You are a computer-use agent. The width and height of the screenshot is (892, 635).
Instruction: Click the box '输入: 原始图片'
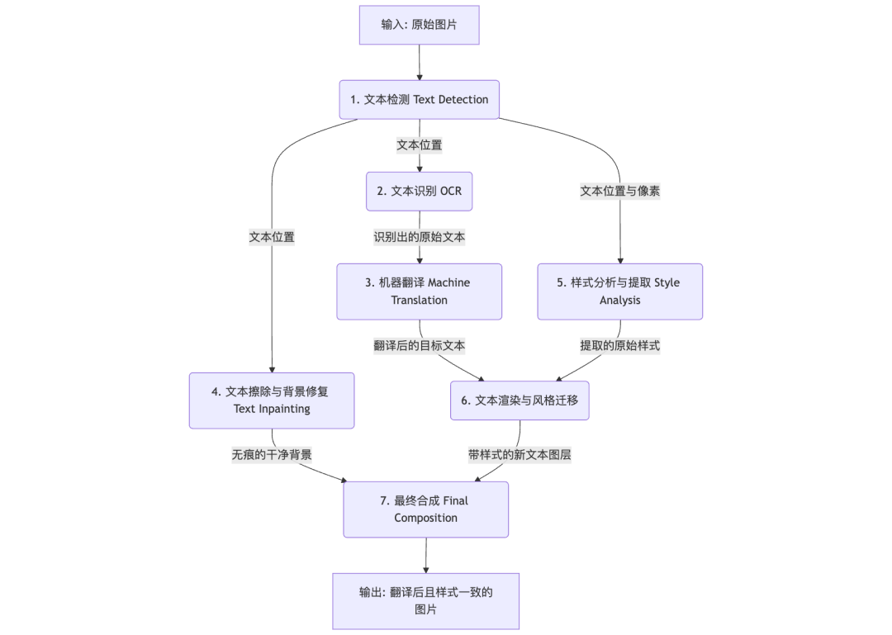point(419,25)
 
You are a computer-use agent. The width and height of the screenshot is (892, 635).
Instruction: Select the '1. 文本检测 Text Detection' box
point(419,99)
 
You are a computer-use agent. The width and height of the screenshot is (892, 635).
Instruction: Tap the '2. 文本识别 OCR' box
point(419,191)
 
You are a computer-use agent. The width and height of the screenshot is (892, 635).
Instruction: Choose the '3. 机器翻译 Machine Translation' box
point(419,291)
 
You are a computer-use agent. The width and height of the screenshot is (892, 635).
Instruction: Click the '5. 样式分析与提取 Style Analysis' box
point(619,291)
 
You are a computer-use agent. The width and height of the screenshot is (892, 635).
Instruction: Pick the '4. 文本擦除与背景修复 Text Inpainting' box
point(272,400)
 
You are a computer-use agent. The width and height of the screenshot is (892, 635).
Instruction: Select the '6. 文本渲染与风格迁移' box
point(520,400)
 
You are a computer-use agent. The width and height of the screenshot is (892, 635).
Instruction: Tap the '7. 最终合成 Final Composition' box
point(425,509)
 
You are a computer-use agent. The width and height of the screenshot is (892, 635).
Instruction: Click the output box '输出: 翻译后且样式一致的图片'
point(425,601)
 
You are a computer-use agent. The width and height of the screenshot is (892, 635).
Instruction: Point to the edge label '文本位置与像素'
point(619,191)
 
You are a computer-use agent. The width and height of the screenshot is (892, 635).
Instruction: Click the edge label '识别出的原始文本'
point(419,237)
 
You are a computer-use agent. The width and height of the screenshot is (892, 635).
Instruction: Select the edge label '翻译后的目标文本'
point(419,346)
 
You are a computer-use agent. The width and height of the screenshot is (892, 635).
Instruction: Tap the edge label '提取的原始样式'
point(619,346)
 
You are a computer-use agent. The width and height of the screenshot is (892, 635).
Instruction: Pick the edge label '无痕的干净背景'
point(272,454)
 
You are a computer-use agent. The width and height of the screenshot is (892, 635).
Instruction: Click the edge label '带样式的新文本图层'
point(520,454)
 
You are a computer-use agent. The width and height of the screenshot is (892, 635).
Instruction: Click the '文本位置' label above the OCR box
point(419,145)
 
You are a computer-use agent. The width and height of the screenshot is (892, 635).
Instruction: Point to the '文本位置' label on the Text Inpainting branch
point(272,237)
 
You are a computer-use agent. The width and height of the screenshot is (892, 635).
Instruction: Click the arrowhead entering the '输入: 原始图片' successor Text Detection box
point(420,76)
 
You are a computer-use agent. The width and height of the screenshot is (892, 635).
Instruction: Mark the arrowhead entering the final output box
point(426,569)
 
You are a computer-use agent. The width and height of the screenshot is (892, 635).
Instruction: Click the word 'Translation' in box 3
point(419,301)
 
